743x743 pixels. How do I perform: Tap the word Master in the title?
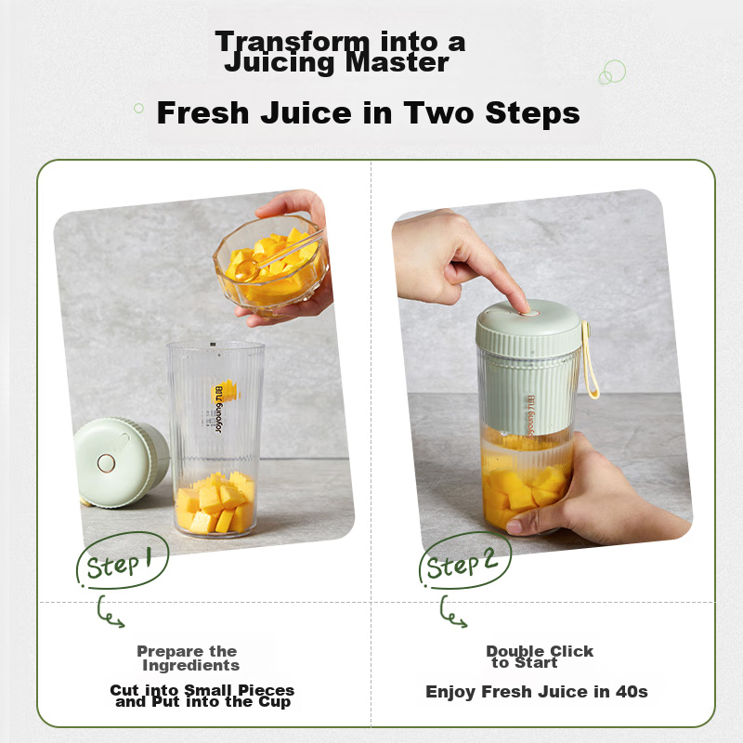point(403,63)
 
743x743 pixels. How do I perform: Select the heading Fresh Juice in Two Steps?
point(368,113)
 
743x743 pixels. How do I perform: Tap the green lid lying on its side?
point(118,462)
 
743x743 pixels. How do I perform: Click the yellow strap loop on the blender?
point(590,362)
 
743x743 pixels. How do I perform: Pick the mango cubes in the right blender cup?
point(523,490)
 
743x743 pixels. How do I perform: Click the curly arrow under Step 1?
point(110,614)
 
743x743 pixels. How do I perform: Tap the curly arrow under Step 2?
point(452,614)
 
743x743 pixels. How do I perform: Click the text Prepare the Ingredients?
point(189,658)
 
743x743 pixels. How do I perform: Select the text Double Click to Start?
point(539,657)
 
